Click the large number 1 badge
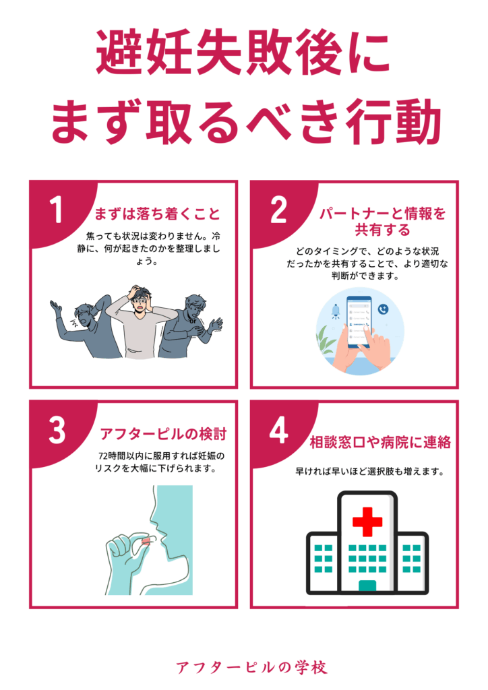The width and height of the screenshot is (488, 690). click(x=57, y=210)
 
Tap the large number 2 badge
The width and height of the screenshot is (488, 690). click(x=278, y=210)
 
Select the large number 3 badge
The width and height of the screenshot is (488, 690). click(x=57, y=430)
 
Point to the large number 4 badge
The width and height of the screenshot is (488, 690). click(x=279, y=430)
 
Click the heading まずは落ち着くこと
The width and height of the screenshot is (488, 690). click(x=158, y=214)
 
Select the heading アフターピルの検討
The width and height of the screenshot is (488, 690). click(x=163, y=434)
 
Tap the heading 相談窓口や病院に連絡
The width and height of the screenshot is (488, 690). click(x=380, y=442)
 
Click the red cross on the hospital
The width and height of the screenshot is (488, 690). click(x=367, y=522)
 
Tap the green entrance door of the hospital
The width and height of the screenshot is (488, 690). click(x=367, y=586)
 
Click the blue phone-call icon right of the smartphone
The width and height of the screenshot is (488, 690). click(x=384, y=309)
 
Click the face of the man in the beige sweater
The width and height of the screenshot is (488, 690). click(x=141, y=304)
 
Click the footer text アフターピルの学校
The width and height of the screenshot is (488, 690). click(x=251, y=667)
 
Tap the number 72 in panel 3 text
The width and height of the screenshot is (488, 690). click(x=103, y=456)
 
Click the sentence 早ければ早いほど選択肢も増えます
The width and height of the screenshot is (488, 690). click(x=369, y=471)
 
